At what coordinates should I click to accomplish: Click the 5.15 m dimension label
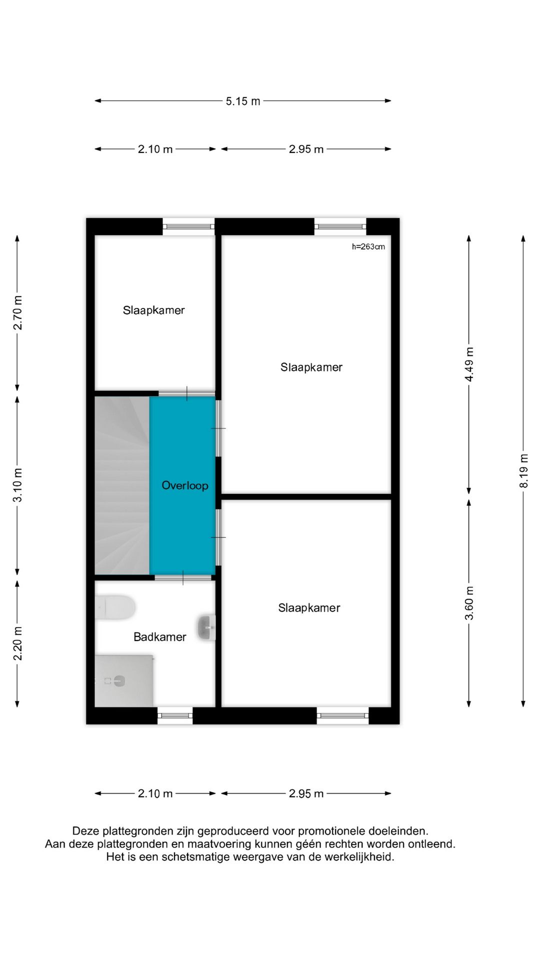pos(243,101)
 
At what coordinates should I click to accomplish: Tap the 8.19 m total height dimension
pos(523,470)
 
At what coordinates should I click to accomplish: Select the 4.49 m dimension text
pos(469,364)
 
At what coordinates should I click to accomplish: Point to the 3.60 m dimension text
pos(469,603)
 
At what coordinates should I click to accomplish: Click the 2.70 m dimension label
pos(17,312)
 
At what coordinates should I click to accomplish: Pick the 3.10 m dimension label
pos(17,485)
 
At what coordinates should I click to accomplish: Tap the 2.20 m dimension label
pos(17,643)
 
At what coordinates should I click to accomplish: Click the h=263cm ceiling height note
pos(368,246)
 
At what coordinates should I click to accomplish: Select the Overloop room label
pos(185,485)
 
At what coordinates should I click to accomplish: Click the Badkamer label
pos(160,637)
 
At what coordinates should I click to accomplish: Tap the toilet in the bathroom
pos(115,607)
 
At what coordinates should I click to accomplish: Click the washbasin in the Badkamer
pos(206,627)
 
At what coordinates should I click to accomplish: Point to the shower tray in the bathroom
pos(124,680)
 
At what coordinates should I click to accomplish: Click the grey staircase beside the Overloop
pos(122,485)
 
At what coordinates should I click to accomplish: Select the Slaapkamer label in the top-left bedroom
pos(154,310)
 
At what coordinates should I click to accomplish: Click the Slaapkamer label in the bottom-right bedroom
pos(309,608)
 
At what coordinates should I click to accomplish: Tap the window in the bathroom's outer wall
pos(175,715)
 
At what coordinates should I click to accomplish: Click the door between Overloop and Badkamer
pos(183,577)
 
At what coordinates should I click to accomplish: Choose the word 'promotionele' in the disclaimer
pos(330,831)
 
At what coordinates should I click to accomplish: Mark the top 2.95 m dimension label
pos(306,149)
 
